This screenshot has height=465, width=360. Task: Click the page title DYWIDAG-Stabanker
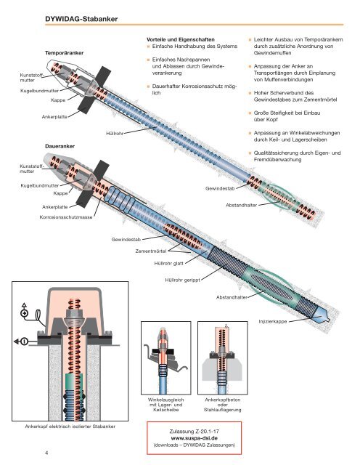click(x=81, y=19)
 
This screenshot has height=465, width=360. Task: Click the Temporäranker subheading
click(x=64, y=53)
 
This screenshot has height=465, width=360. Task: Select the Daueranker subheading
click(x=60, y=146)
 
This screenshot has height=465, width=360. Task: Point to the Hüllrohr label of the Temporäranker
click(x=115, y=134)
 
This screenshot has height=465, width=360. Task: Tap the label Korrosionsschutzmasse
click(x=66, y=217)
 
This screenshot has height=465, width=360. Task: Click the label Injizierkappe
click(x=273, y=322)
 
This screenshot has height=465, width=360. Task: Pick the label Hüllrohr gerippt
click(x=182, y=280)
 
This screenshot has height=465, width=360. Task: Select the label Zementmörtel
click(x=151, y=251)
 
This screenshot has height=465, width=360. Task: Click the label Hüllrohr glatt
click(x=168, y=263)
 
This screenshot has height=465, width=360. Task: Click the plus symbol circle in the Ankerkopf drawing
click(x=24, y=313)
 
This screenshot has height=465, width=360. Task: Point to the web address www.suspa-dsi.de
click(x=194, y=438)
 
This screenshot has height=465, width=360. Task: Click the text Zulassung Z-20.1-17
click(x=194, y=431)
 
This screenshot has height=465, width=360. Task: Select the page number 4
click(x=46, y=453)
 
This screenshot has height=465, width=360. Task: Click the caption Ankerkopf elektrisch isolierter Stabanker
click(x=70, y=426)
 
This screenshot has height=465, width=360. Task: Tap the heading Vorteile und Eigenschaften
click(x=181, y=39)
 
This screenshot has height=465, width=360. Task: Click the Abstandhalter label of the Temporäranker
click(x=241, y=205)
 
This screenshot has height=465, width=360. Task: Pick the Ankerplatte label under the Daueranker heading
click(x=55, y=207)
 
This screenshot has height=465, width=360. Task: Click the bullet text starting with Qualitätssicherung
click(x=297, y=156)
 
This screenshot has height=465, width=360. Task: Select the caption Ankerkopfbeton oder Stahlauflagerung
click(x=223, y=405)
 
